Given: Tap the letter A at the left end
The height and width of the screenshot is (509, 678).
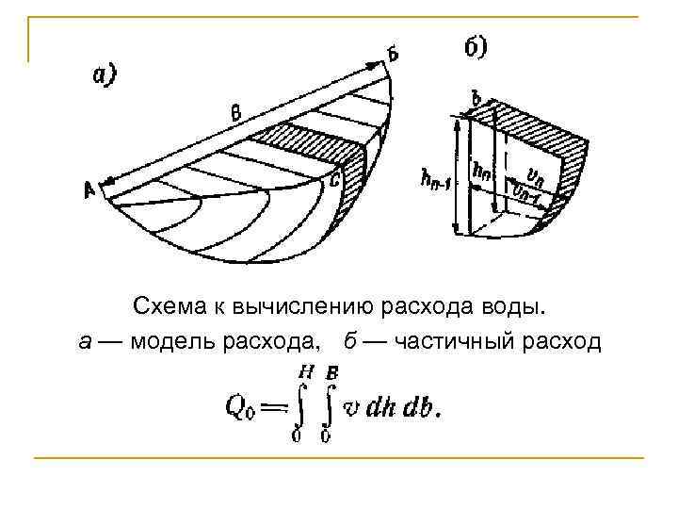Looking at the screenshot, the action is point(91,190).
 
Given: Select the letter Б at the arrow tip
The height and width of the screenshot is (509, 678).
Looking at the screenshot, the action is point(392,56).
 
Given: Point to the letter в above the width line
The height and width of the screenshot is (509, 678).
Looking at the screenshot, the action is point(235,114).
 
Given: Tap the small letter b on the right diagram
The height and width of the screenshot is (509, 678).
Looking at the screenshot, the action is point(476,97).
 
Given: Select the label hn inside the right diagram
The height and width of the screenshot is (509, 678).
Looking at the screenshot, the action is point(482,171).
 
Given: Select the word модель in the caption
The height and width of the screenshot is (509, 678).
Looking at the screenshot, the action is point(169,339).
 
